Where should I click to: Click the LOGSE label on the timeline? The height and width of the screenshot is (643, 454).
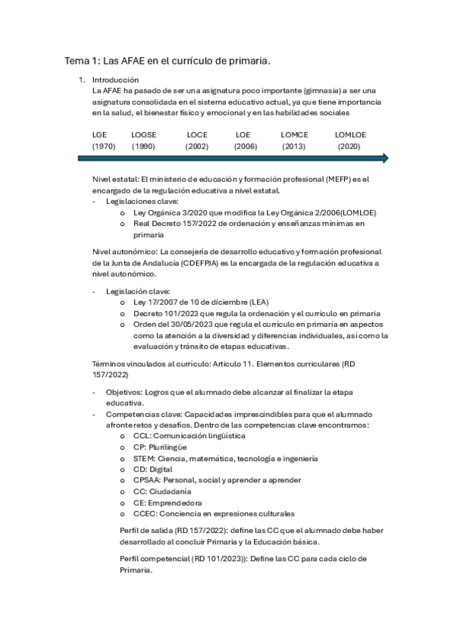click(x=143, y=133)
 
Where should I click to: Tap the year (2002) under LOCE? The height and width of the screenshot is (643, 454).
click(x=197, y=146)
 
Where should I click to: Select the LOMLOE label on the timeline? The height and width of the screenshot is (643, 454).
click(x=350, y=133)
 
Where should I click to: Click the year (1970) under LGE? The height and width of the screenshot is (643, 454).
click(x=103, y=146)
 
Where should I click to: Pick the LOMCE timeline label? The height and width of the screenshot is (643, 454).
click(x=294, y=133)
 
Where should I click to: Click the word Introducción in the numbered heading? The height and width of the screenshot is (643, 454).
click(x=115, y=79)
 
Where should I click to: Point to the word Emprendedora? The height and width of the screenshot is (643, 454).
click(x=174, y=502)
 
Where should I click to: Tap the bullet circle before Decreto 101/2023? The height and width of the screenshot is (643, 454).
click(x=123, y=313)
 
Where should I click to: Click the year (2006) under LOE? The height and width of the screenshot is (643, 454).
click(x=246, y=146)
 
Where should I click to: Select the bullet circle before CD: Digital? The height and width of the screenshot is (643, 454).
click(x=123, y=469)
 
